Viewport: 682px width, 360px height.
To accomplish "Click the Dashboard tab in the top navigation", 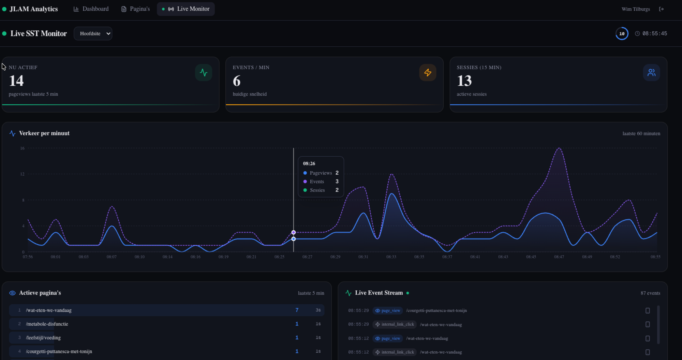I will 91,9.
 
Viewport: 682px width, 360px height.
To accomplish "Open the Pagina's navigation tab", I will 135,9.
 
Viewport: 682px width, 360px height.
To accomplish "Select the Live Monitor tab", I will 186,9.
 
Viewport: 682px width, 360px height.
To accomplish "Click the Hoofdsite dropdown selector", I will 93,33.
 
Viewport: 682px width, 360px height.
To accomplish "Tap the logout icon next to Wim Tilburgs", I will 661,9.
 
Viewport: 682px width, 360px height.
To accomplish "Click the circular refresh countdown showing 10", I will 622,33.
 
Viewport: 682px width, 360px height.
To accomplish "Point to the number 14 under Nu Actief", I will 16,81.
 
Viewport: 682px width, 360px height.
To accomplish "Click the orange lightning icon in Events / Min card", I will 428,73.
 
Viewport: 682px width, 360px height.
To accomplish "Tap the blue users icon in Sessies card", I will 651,73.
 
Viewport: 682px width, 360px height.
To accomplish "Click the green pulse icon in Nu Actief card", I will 204,73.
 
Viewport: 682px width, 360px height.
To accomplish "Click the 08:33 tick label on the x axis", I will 391,257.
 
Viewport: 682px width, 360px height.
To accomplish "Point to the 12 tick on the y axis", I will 22,174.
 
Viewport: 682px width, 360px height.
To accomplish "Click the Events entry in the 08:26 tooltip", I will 317,182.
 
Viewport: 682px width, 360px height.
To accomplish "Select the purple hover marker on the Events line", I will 294,232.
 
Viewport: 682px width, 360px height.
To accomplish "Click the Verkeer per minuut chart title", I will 44,133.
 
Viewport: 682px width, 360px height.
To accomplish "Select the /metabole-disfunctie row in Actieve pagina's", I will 47,324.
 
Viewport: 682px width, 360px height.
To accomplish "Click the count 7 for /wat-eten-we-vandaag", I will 297,310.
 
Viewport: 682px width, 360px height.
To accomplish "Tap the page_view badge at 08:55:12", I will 388,339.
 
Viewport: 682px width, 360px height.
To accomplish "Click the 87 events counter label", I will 650,293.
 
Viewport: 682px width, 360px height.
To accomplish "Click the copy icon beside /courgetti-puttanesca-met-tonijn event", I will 648,311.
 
